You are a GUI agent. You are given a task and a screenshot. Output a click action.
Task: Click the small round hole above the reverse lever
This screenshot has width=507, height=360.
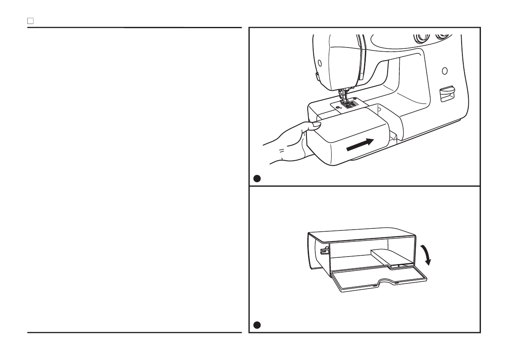tap(444, 70)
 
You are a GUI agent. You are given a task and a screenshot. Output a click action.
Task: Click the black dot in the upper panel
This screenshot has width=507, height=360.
tap(257, 179)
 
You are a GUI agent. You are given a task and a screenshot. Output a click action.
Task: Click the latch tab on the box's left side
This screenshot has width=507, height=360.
tap(323, 252)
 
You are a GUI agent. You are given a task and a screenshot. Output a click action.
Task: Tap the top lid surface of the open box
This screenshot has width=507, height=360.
tap(362, 236)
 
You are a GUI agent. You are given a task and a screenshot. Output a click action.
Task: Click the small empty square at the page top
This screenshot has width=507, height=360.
tap(30, 21)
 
